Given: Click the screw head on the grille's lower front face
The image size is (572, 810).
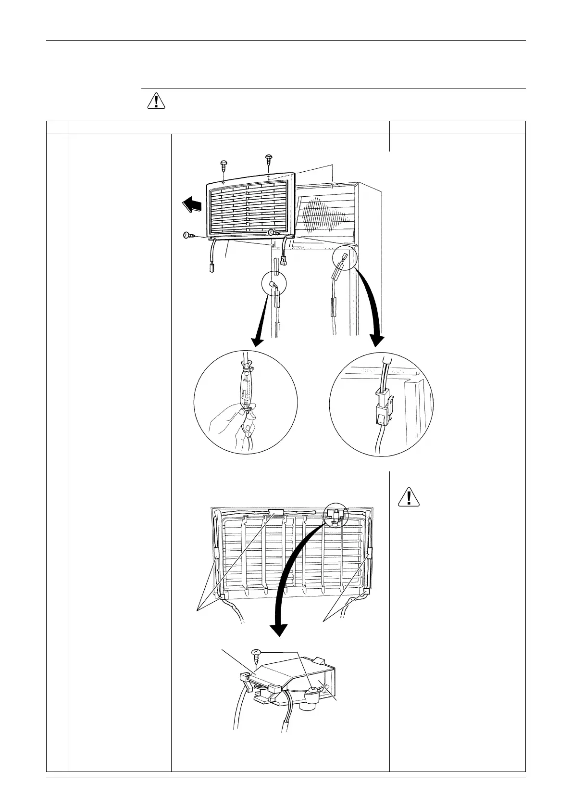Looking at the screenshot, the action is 272,233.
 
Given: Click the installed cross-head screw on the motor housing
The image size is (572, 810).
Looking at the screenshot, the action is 313,691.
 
